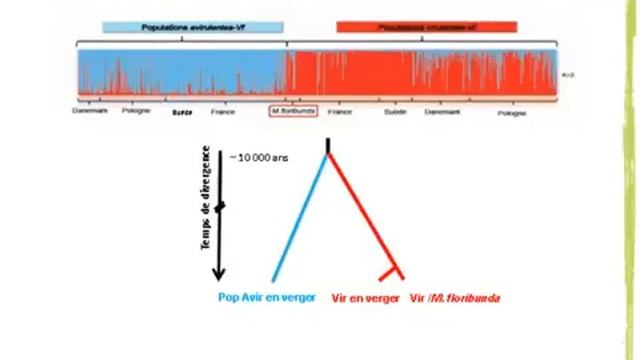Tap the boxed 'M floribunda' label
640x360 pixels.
tap(293, 110)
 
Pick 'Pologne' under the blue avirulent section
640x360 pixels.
tap(137, 110)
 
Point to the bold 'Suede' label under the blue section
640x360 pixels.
tap(182, 112)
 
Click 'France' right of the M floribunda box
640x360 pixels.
tap(339, 112)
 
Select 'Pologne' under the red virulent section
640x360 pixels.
tap(511, 113)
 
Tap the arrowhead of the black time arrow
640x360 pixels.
tap(220, 272)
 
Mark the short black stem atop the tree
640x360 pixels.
tap(327, 150)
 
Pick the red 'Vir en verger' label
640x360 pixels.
tap(365, 298)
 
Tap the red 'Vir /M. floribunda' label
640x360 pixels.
tap(455, 298)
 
